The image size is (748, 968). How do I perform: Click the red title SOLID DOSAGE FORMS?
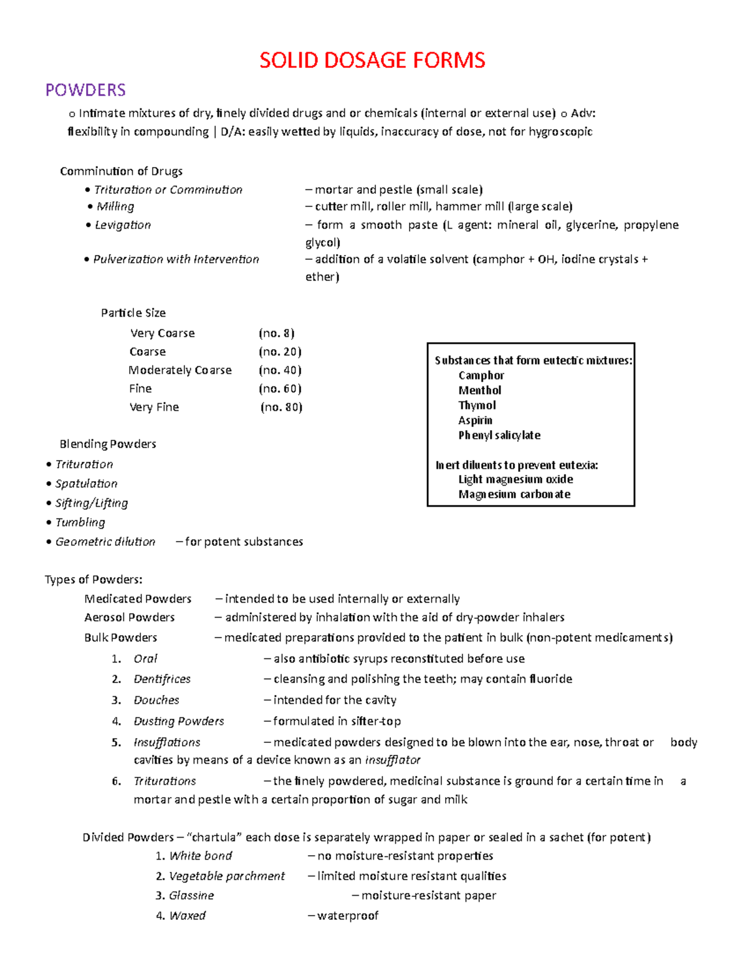point(372,60)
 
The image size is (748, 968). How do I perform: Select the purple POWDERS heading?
point(85,90)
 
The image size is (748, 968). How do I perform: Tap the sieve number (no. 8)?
point(277,333)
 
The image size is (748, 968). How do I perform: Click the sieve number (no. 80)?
point(282,407)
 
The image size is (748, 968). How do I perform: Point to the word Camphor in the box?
point(481,375)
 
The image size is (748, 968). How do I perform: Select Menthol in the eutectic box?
point(479,390)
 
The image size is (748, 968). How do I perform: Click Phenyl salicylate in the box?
point(499,435)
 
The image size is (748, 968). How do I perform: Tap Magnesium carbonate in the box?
point(514,494)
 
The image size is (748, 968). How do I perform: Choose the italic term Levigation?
point(123,225)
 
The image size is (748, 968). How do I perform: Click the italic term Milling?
point(115,206)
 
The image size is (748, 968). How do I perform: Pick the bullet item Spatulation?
point(86,484)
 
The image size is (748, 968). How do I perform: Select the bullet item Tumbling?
point(80,522)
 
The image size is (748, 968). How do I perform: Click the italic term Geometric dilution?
point(105,542)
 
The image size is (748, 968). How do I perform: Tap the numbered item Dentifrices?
point(162,679)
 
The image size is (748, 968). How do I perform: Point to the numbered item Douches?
point(156,700)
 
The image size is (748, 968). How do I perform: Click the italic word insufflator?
point(393,760)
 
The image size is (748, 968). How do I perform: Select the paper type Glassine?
point(191,896)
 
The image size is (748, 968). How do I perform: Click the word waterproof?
point(348,916)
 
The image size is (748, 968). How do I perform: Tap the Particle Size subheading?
point(133,313)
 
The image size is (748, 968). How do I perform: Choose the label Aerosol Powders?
point(130,617)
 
